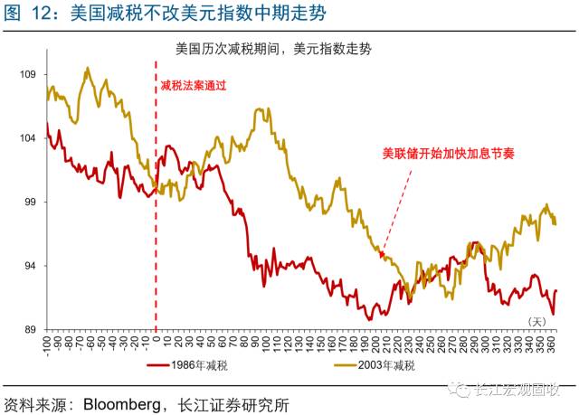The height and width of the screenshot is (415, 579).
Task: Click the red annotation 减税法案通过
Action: [192, 85]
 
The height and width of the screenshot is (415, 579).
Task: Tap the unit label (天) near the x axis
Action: [537, 320]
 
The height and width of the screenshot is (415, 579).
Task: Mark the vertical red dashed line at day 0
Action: [156, 226]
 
